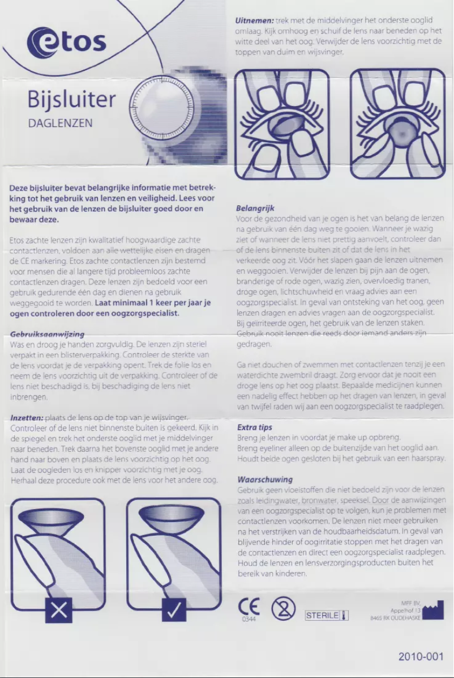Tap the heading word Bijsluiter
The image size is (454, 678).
click(x=71, y=99)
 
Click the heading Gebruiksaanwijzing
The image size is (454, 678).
click(x=48, y=334)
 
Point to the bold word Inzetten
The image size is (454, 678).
click(x=27, y=418)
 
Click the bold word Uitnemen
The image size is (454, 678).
click(x=254, y=20)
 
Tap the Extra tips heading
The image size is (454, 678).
click(x=254, y=427)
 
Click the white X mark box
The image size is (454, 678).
click(x=58, y=609)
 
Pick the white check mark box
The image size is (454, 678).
click(x=174, y=609)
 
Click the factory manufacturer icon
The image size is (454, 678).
click(x=433, y=610)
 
